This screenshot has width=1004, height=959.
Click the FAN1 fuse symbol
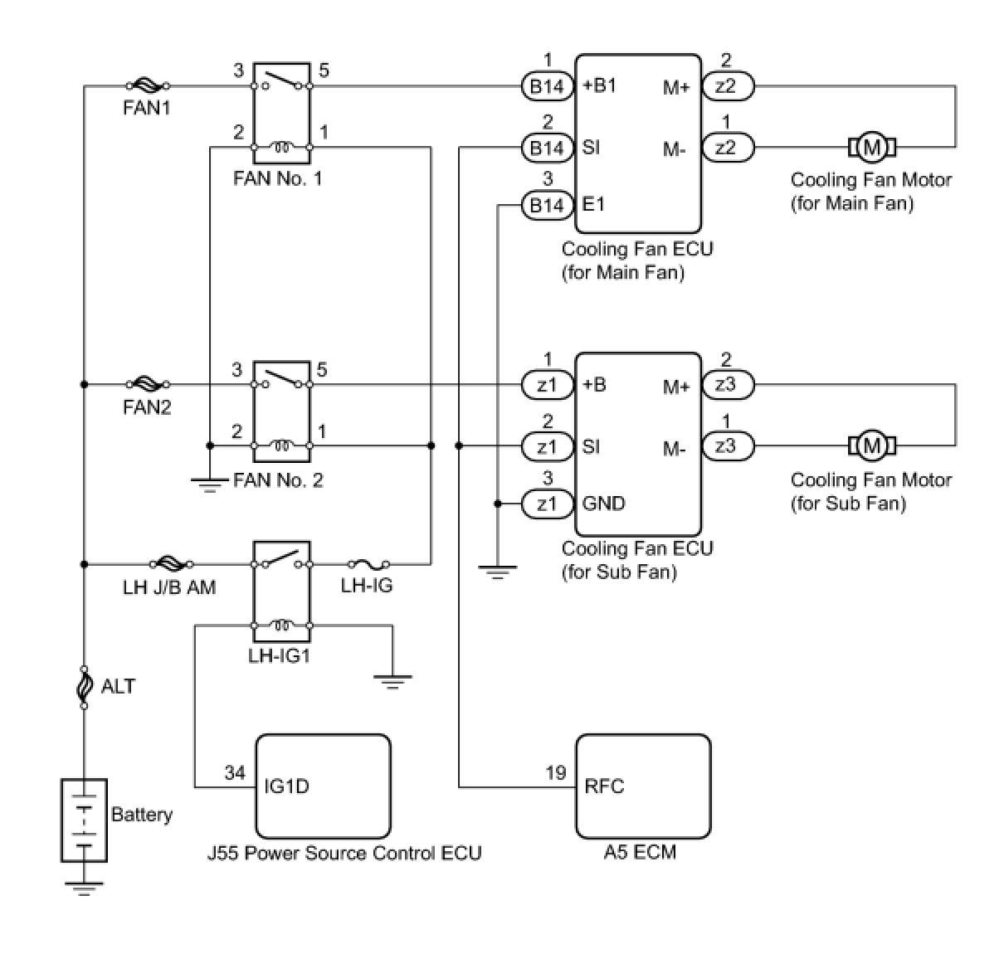click(148, 85)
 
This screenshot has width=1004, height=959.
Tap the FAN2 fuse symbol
click(148, 384)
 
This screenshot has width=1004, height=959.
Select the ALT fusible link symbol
click(84, 687)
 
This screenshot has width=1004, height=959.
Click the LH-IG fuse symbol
click(368, 564)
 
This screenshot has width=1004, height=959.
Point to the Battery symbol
click(84, 820)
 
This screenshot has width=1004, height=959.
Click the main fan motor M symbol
click(872, 148)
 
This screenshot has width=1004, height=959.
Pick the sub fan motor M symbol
click(872, 445)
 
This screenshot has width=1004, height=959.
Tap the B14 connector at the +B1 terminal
click(547, 86)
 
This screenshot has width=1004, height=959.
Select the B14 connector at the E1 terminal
click(547, 205)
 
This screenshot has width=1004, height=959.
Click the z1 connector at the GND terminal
click(547, 504)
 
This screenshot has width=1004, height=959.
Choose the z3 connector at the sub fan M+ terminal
click(728, 385)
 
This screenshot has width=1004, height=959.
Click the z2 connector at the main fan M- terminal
click(728, 148)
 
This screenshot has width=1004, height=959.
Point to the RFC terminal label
click(604, 786)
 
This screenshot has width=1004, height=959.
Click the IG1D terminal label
click(286, 786)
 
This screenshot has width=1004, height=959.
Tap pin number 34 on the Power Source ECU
click(235, 772)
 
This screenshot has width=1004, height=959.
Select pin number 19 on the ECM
click(556, 772)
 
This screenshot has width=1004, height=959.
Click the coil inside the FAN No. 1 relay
click(281, 147)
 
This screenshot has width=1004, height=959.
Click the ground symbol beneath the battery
click(84, 888)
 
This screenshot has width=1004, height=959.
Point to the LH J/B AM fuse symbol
click(171, 564)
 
